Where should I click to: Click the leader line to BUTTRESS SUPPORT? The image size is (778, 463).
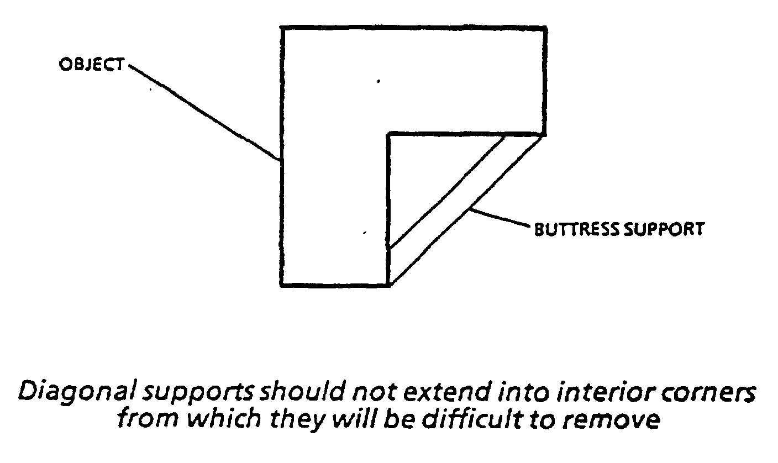[500, 218]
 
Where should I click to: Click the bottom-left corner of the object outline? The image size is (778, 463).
[282, 285]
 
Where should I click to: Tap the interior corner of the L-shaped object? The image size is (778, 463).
[390, 134]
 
